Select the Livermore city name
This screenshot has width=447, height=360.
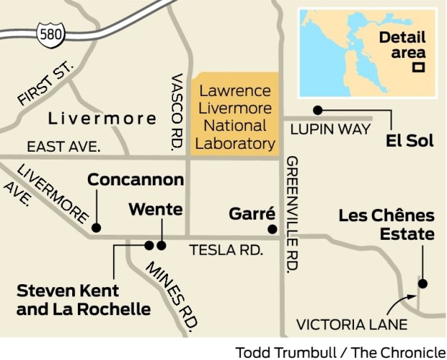102,118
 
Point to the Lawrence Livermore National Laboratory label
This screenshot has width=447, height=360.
235,117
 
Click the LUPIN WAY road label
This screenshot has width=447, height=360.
331,129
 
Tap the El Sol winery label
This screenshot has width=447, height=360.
409,141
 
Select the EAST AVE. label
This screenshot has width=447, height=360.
64,147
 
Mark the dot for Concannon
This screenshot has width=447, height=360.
95,229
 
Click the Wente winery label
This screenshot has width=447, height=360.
155,210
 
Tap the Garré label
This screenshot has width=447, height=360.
252,213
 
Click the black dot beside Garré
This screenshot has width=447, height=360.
272,229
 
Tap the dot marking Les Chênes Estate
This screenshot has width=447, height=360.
422,283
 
